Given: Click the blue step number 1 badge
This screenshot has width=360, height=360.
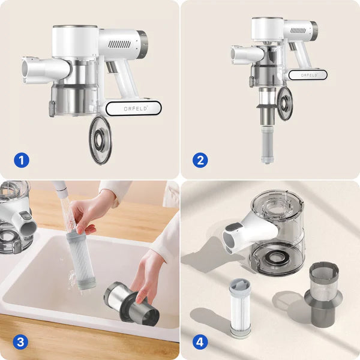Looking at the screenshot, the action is [x=22, y=160].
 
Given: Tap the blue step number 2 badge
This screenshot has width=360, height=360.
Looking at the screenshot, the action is [x=200, y=160].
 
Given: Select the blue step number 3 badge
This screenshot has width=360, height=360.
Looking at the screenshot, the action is [x=20, y=343].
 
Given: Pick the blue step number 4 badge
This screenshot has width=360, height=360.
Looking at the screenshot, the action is [x=200, y=343].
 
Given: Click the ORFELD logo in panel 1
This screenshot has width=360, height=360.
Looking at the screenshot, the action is [x=136, y=109].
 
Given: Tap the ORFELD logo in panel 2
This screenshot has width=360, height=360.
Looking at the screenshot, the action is [x=309, y=76].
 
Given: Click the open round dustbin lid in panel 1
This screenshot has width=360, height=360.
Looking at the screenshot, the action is [x=100, y=140].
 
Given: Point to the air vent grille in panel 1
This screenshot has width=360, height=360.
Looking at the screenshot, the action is [x=119, y=44].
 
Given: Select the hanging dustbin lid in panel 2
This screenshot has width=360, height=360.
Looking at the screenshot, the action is [x=284, y=104].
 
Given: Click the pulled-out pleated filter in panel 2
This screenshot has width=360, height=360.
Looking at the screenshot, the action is [x=268, y=144].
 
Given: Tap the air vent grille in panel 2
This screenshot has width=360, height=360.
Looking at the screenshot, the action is [x=298, y=31].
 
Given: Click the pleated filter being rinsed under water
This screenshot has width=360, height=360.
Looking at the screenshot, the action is [x=81, y=260].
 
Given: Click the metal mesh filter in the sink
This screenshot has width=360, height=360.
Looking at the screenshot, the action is [x=131, y=304].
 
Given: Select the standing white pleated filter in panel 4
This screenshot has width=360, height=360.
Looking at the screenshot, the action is [x=241, y=308].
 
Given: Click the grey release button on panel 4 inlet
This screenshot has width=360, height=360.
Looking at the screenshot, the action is [x=232, y=227].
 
